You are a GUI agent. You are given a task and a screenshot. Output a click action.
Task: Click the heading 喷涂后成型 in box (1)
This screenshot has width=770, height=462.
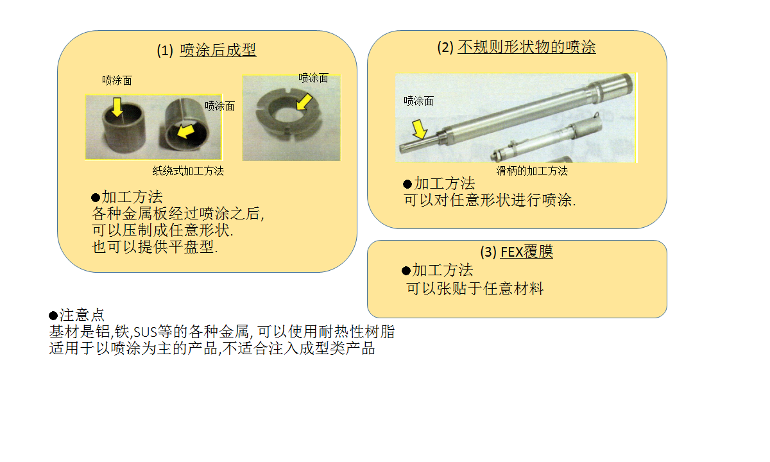click(x=218, y=50)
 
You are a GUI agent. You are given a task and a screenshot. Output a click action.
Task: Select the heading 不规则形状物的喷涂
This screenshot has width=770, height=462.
click(x=526, y=47)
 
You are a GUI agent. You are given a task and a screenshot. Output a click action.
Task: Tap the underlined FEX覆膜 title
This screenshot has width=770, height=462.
click(x=527, y=252)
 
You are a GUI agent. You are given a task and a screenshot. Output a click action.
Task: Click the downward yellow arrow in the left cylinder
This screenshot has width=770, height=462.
click(x=117, y=107)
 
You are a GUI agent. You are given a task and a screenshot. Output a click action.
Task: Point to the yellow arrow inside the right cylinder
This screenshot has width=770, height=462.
click(x=185, y=131)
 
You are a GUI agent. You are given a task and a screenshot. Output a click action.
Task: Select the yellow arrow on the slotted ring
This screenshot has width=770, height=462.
click(x=304, y=102)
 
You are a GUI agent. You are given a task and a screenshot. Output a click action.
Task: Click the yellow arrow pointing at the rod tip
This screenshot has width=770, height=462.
click(x=420, y=129)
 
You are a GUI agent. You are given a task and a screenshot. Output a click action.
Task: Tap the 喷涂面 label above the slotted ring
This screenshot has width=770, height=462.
click(x=313, y=78)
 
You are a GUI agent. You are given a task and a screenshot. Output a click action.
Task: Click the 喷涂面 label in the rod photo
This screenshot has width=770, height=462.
click(x=418, y=101)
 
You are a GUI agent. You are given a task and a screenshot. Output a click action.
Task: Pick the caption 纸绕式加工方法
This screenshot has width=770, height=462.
click(x=188, y=171)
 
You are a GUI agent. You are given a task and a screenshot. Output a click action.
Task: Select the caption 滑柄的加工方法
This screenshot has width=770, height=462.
click(x=532, y=171)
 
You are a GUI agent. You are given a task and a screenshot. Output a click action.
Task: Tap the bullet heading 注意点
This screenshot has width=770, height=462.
click(x=76, y=315)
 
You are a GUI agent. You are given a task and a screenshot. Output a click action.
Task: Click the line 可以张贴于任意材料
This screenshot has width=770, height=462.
click(x=475, y=288)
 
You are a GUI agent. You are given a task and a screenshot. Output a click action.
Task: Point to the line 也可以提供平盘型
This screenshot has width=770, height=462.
click(x=155, y=246)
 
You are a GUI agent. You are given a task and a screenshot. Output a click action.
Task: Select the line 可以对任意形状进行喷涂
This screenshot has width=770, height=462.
click(x=490, y=200)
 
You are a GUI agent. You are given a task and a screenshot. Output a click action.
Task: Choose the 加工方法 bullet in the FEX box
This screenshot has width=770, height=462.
click(x=437, y=270)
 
